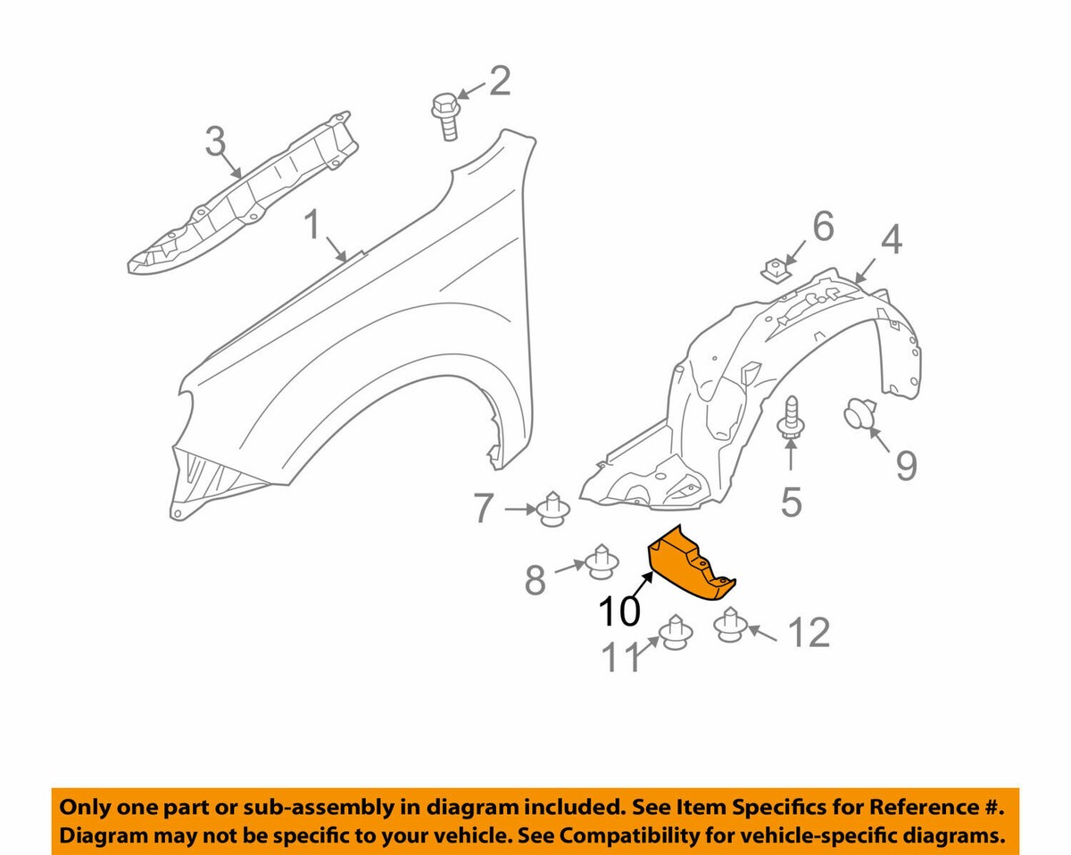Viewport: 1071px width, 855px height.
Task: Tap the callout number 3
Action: (215, 141)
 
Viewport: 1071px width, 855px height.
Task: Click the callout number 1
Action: (312, 224)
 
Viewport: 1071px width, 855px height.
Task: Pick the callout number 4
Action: (892, 240)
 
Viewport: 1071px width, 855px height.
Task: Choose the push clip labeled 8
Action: (602, 561)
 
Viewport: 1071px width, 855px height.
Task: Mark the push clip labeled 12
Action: (731, 625)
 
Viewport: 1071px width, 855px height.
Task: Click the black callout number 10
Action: (619, 611)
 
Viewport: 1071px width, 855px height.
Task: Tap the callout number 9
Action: (906, 466)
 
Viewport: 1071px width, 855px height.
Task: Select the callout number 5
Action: (792, 502)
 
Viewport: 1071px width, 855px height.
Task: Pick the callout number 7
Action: (483, 509)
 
